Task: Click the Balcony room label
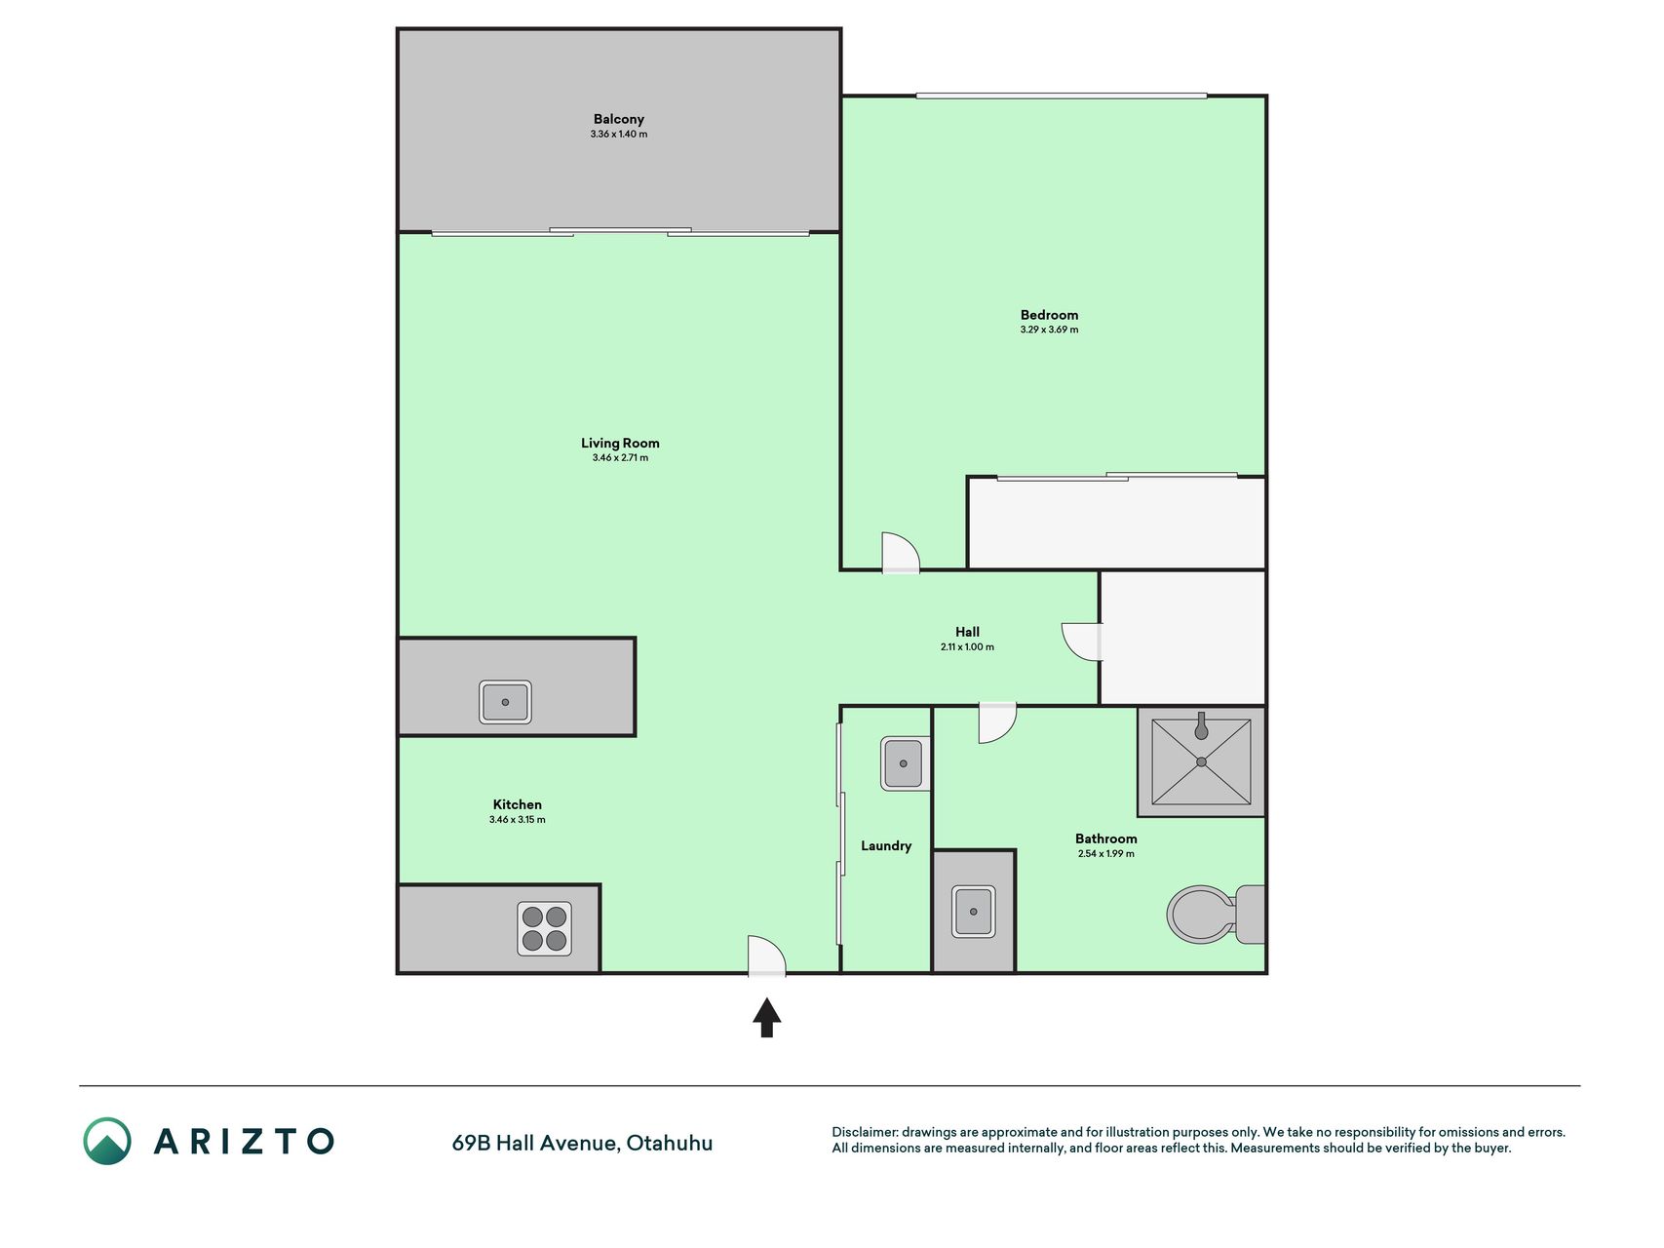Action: click(x=619, y=119)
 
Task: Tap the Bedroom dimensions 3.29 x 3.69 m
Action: click(x=1049, y=330)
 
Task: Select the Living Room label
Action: click(x=620, y=443)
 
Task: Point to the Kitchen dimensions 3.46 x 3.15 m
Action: click(x=518, y=820)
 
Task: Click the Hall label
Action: click(x=967, y=632)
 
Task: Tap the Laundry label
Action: click(x=886, y=845)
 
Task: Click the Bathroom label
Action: click(x=1105, y=838)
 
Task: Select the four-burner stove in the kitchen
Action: click(x=544, y=928)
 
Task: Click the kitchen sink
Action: click(x=505, y=702)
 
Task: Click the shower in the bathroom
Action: click(x=1201, y=761)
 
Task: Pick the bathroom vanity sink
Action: click(x=973, y=912)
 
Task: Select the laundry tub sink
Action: click(x=904, y=763)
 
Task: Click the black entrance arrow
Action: click(x=767, y=1017)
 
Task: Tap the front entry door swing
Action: click(x=766, y=955)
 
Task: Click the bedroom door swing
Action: click(x=900, y=552)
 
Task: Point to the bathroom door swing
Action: click(x=997, y=722)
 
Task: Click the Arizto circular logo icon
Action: click(x=107, y=1141)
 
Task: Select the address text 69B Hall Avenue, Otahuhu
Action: click(x=582, y=1143)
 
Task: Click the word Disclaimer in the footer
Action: click(x=865, y=1132)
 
